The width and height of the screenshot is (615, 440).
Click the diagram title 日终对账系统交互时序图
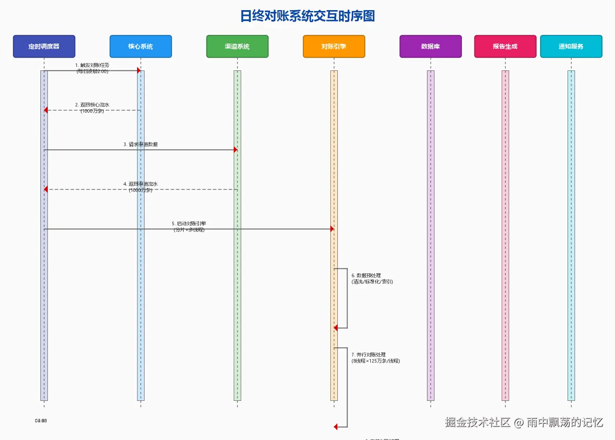click(x=307, y=16)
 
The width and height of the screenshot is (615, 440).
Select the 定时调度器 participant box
click(x=44, y=46)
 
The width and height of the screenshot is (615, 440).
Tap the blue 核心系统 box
click(x=141, y=46)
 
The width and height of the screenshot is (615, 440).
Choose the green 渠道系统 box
click(x=237, y=46)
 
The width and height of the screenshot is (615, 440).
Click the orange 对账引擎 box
click(x=334, y=46)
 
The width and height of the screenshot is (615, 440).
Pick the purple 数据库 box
click(x=430, y=46)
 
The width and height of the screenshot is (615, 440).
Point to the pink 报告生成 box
click(x=505, y=46)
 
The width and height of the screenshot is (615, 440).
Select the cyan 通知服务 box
click(x=571, y=46)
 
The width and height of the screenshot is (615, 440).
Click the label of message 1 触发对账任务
click(x=92, y=66)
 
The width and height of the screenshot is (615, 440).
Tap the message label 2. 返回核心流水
click(x=92, y=105)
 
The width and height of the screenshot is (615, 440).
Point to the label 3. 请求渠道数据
click(x=141, y=144)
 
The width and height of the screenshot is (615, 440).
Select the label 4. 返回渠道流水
click(x=141, y=184)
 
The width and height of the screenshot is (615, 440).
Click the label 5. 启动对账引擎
click(x=189, y=224)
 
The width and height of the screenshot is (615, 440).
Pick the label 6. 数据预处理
click(x=366, y=275)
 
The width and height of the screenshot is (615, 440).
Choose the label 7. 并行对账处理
click(x=369, y=355)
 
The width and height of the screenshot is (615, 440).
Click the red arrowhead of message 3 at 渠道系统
click(x=235, y=150)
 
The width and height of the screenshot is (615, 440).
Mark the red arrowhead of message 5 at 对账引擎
click(x=332, y=229)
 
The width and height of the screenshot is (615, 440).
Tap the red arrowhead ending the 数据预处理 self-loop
click(x=336, y=328)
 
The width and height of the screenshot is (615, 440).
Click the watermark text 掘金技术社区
click(x=478, y=422)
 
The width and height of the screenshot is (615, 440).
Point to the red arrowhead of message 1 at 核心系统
click(x=139, y=70)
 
